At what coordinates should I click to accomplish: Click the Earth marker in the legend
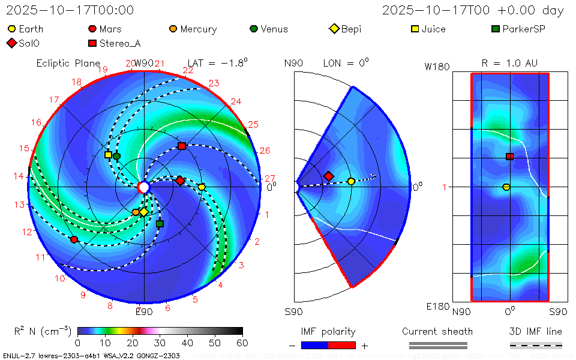11,29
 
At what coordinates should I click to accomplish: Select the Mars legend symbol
92,29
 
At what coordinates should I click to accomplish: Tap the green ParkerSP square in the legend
495,29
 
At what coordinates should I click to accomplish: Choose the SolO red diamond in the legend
11,43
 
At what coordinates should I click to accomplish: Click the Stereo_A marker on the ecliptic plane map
182,146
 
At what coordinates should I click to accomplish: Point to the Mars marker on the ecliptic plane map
74,239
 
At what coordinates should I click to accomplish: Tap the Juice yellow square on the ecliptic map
108,154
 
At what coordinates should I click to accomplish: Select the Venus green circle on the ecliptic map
116,156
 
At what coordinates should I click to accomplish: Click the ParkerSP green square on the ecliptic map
160,224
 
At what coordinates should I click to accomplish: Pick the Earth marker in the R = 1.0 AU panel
506,187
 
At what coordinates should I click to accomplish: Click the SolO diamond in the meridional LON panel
328,176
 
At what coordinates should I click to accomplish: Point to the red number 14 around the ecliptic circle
20,176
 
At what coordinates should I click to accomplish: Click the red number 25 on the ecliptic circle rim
253,125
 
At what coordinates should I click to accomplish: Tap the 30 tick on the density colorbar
160,343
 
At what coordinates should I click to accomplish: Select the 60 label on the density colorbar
242,343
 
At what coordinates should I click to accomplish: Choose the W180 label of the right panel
437,67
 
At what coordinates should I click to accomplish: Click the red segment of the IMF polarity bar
342,345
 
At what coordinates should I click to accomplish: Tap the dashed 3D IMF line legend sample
536,345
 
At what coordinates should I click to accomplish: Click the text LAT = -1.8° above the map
217,63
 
